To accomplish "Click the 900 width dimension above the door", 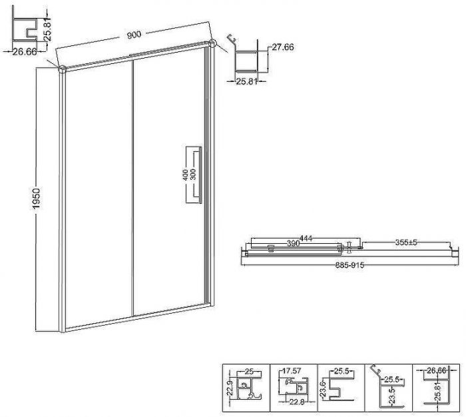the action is coord(134,35).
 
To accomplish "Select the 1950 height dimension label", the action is coord(36,199).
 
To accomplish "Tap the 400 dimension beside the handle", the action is coord(185,175).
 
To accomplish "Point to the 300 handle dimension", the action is coord(193,175).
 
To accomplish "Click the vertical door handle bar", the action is coord(200,175).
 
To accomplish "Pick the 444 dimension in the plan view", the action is coord(306,238).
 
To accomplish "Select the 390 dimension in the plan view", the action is coord(294,243).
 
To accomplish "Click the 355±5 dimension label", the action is coord(406,242).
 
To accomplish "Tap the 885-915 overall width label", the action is coord(349,265).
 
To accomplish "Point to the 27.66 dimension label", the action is coord(283,47).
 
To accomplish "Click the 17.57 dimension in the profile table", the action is coord(292,371).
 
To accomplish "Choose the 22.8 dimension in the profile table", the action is coord(297,402).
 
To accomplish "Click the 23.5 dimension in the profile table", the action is coord(392,394).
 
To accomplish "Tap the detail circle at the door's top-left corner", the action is coord(63,69).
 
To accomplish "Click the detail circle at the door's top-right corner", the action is coord(212,43).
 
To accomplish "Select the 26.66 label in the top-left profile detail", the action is coord(25,52).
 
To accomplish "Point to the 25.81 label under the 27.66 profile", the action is coord(246,81).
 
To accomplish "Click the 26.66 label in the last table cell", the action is coord(437,370).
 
